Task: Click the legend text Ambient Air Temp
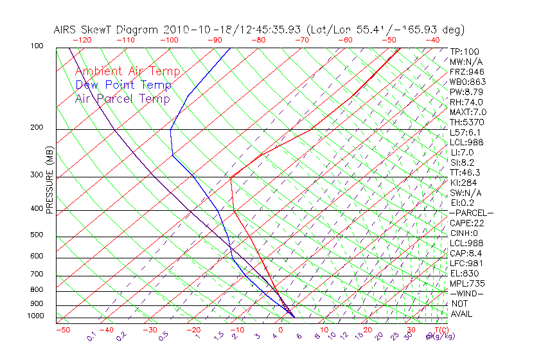(x=128, y=72)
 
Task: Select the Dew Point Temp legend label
(x=123, y=85)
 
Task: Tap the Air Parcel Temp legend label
(x=123, y=99)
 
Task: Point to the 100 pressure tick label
(x=37, y=46)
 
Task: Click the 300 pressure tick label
(x=37, y=175)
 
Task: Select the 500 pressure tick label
(x=37, y=235)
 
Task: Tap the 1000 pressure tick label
(x=35, y=316)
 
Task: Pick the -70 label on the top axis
(x=301, y=40)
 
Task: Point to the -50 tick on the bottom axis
(x=62, y=330)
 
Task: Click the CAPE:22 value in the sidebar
(x=468, y=223)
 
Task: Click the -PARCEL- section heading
(x=471, y=213)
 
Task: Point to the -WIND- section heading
(x=466, y=293)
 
